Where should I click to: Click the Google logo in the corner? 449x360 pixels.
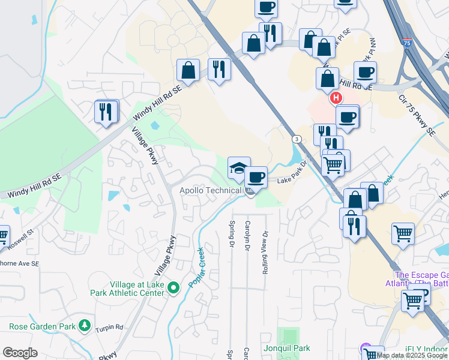coord(20,353)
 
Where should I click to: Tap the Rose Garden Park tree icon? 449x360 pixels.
coord(85,326)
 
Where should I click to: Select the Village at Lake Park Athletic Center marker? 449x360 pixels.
coord(174,288)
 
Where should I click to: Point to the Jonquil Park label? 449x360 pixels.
coord(286,348)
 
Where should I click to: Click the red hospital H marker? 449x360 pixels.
coord(336,98)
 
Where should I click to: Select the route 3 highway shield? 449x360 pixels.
coord(297,139)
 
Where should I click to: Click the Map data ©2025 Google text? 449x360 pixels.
coord(412,355)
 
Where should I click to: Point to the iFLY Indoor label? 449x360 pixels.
coord(426,349)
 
